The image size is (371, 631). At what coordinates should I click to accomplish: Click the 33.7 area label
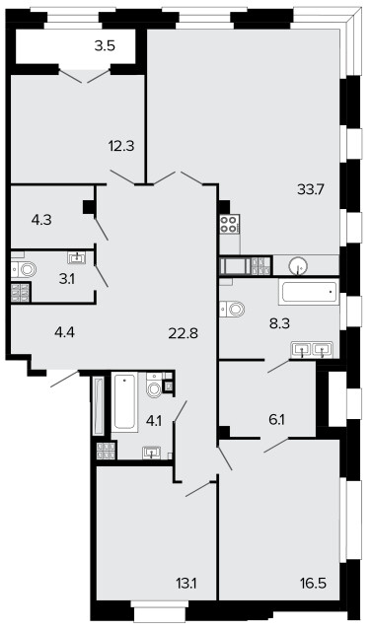click(x=311, y=188)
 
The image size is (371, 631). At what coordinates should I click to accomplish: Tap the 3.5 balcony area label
click(x=105, y=46)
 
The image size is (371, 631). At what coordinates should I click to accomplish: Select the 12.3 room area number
click(x=121, y=146)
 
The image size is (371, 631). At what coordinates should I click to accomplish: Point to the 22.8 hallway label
click(x=184, y=333)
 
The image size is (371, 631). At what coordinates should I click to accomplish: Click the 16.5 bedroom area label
click(x=313, y=583)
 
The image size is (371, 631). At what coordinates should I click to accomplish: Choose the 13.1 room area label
click(x=186, y=583)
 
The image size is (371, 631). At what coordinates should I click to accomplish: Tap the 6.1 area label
click(x=276, y=420)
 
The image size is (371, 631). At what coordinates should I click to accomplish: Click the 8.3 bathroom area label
click(x=280, y=322)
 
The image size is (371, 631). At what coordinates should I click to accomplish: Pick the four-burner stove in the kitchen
click(x=230, y=224)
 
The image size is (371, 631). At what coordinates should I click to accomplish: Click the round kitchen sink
click(x=298, y=265)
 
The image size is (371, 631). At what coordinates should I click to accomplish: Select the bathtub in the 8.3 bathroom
click(x=309, y=292)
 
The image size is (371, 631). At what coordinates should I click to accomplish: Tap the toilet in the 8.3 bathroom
click(x=233, y=309)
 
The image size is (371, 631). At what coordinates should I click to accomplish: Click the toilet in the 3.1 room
click(x=24, y=269)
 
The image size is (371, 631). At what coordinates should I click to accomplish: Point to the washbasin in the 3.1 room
click(x=77, y=257)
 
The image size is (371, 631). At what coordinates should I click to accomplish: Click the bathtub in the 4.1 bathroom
click(x=124, y=402)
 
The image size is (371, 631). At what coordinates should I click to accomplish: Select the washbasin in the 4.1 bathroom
click(x=152, y=453)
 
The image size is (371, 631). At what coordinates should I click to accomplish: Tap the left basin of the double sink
click(x=301, y=349)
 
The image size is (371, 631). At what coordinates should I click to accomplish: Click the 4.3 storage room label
click(x=41, y=220)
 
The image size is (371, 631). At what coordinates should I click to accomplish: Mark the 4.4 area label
click(x=65, y=332)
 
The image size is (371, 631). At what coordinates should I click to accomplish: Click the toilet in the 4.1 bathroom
click(x=154, y=386)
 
